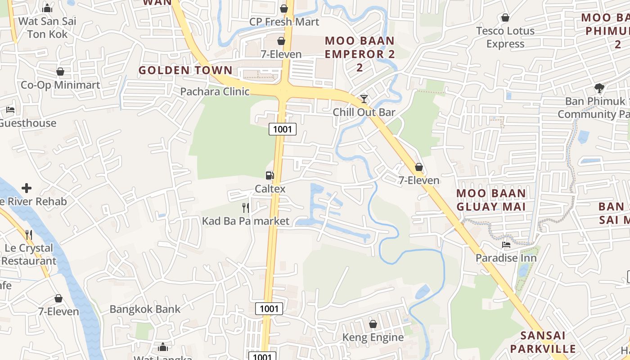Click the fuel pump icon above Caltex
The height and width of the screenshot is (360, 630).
270,175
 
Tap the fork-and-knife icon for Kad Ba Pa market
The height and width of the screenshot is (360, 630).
246,207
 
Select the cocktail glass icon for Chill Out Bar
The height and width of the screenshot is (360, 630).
364,99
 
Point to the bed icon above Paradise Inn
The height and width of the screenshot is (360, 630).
506,245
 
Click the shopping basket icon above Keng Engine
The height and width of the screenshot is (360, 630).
373,324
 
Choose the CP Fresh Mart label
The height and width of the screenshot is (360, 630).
284,22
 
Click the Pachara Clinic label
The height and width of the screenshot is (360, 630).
215,92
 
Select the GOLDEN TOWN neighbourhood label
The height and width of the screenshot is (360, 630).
185,70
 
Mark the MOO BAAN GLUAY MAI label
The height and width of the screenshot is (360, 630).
491,200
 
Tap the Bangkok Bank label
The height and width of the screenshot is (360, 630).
145,309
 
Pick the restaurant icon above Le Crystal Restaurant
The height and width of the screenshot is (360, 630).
29,234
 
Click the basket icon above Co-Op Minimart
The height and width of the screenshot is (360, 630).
60,72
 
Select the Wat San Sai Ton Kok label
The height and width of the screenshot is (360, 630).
47,27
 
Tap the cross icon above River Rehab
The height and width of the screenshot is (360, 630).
27,188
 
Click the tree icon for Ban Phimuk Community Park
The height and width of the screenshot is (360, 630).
599,88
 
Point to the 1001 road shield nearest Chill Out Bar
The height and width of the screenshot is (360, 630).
283,130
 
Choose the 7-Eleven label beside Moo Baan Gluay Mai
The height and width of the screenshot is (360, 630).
419,180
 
